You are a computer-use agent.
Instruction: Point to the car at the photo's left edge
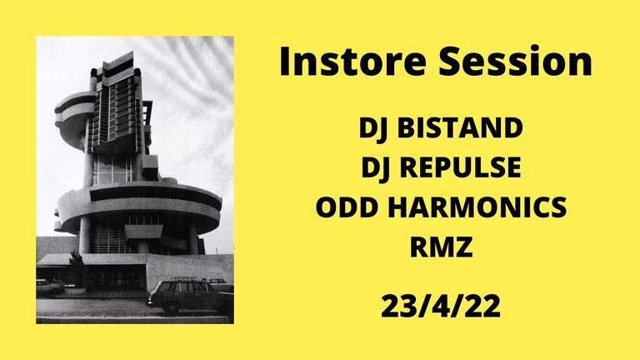click(48, 287)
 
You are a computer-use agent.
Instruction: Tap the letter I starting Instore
click(286, 63)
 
